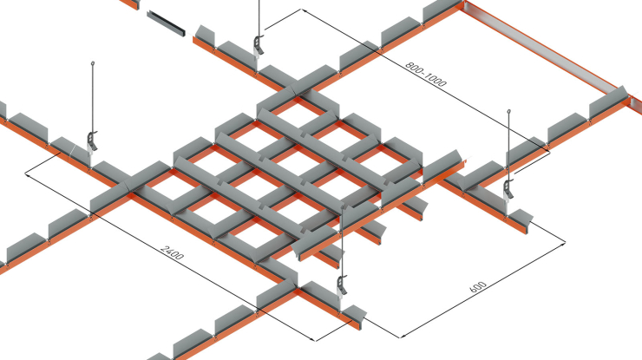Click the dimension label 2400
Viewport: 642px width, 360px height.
click(173, 252)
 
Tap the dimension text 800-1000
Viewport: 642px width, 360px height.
click(426, 74)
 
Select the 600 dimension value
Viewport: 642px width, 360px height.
click(477, 287)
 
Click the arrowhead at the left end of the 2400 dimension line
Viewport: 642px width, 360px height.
click(27, 174)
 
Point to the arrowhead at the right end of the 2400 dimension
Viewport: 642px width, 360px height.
click(314, 339)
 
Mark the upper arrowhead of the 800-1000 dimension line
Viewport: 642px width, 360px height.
click(304, 10)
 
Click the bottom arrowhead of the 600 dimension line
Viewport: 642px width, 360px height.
click(402, 337)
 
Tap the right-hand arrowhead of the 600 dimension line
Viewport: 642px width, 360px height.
click(563, 243)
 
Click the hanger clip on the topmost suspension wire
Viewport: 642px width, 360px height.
click(259, 45)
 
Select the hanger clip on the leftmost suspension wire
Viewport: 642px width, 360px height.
click(93, 141)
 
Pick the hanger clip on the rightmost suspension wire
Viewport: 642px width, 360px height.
click(509, 190)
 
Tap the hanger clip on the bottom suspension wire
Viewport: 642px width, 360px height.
click(342, 285)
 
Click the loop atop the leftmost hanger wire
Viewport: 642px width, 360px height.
click(93, 63)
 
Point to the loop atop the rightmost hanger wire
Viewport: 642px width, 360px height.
click(509, 111)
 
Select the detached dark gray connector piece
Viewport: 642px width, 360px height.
click(166, 23)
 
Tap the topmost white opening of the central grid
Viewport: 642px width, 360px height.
click(298, 115)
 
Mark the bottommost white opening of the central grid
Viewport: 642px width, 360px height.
click(255, 235)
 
